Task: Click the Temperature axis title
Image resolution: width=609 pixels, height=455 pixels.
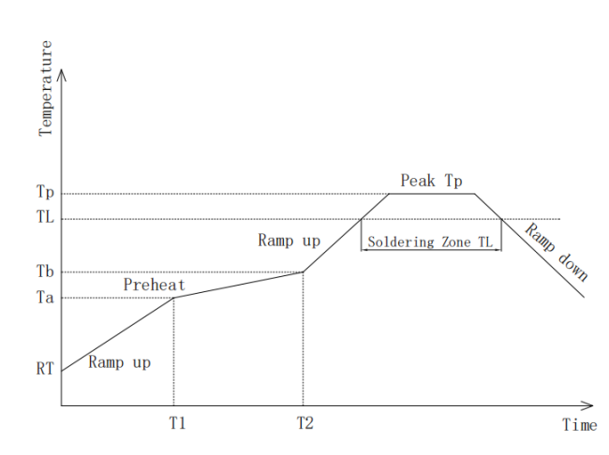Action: [x=46, y=88]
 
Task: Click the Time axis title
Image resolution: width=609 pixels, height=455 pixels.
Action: [x=580, y=425]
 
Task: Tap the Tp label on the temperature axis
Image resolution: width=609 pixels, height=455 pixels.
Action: [x=45, y=192]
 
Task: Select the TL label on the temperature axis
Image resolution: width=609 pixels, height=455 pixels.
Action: [x=45, y=216]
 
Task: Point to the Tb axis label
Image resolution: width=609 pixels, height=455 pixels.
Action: [x=45, y=271]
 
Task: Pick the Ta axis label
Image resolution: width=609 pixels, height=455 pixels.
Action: [x=45, y=298]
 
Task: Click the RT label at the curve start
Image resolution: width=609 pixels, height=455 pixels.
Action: [x=45, y=368]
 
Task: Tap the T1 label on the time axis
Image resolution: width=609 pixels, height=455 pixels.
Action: [x=177, y=423]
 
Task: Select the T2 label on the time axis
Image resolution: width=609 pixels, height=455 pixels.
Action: [x=305, y=423]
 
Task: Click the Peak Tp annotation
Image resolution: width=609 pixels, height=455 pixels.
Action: [x=431, y=181]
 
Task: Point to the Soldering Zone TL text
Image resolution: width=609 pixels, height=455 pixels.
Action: [x=430, y=242]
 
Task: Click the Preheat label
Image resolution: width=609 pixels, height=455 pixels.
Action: [x=155, y=285]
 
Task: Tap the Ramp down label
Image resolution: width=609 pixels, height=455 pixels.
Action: [x=557, y=252]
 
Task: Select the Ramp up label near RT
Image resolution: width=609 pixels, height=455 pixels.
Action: [x=119, y=362]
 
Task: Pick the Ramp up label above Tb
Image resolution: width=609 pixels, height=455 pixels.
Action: [x=289, y=241]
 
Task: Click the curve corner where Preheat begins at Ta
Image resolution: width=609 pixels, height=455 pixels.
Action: [x=173, y=298]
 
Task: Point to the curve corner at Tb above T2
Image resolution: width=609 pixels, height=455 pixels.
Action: [x=303, y=272]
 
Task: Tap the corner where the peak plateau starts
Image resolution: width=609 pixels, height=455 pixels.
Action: [x=389, y=194]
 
